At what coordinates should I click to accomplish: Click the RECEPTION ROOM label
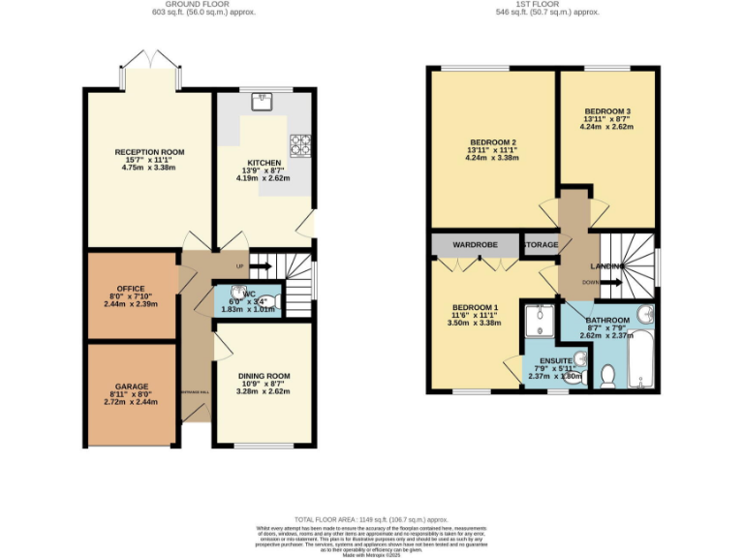(x=149, y=152)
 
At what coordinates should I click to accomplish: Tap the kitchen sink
(x=263, y=99)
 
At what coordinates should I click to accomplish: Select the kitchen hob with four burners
(x=301, y=144)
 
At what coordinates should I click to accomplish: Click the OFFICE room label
(x=131, y=288)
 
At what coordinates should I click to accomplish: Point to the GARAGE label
(x=131, y=386)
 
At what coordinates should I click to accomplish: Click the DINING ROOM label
(x=263, y=375)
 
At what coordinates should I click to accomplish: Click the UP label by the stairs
(x=239, y=266)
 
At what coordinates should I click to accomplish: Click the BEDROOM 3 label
(x=605, y=110)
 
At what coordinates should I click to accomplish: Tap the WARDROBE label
(x=475, y=245)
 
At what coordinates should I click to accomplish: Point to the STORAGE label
(x=541, y=245)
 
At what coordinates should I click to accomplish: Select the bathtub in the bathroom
(x=642, y=361)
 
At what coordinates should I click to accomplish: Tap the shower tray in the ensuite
(x=539, y=320)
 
